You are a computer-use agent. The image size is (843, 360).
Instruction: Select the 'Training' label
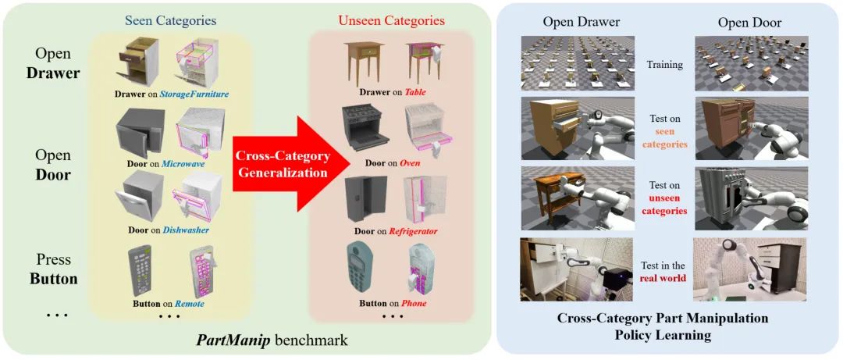point(666,65)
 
